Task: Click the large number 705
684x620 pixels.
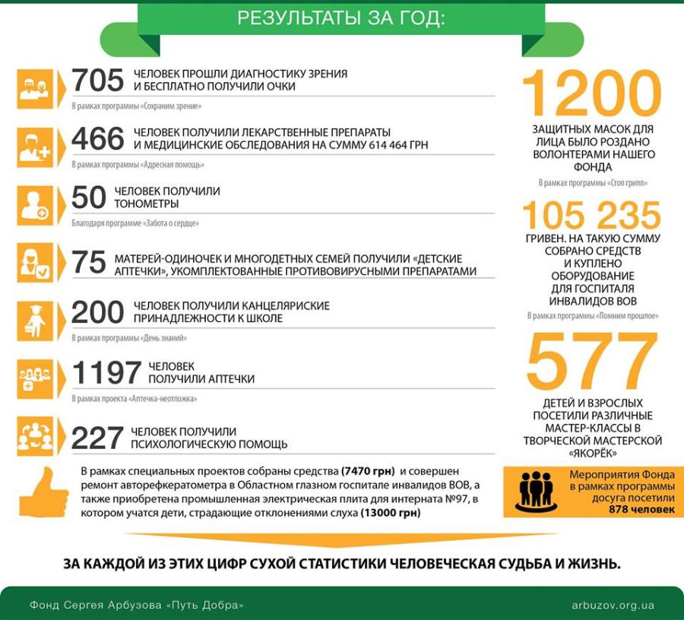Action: [x=97, y=81]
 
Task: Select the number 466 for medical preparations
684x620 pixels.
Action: [x=97, y=139]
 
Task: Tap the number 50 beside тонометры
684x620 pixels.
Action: [x=88, y=198]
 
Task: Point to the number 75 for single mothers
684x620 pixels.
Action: [x=88, y=262]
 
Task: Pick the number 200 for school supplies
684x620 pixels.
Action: [x=97, y=312]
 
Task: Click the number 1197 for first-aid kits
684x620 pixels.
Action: [x=106, y=372]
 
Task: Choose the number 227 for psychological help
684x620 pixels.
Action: [x=97, y=438]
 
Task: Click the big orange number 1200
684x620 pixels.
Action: [x=592, y=93]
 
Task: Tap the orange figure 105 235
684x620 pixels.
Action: [x=592, y=216]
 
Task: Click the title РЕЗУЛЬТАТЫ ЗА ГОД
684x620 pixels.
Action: [x=341, y=19]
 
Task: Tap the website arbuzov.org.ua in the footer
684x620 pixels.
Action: [x=613, y=606]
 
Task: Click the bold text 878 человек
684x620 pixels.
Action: [x=641, y=510]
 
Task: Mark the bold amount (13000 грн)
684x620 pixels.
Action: [x=387, y=514]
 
